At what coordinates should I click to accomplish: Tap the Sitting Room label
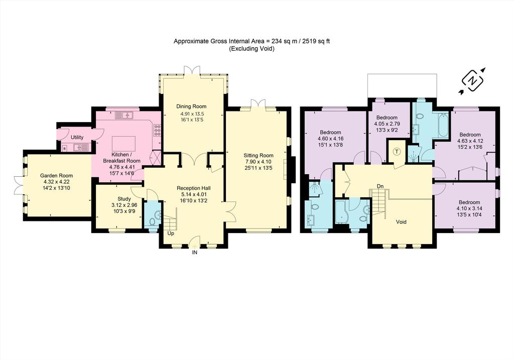point(259,156)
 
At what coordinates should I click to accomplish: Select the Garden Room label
point(56,176)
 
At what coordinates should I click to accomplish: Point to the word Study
point(124,199)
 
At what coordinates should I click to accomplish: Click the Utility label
point(77,138)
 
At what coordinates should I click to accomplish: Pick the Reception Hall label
point(193,188)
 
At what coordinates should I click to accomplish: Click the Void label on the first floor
point(401,222)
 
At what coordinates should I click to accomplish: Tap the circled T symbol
point(397,152)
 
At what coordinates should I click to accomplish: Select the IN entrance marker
point(195,253)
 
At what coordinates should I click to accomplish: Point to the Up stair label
point(171,234)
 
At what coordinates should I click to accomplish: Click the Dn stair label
point(380,186)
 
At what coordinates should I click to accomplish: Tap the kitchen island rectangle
point(123,143)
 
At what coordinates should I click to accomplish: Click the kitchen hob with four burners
point(157,130)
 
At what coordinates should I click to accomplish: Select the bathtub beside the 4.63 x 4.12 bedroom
point(443,125)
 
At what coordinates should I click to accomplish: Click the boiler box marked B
point(65,149)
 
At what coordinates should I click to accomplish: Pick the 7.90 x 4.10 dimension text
point(259,162)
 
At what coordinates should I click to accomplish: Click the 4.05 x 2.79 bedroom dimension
point(387,124)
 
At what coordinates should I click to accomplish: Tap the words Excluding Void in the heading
point(251,49)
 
